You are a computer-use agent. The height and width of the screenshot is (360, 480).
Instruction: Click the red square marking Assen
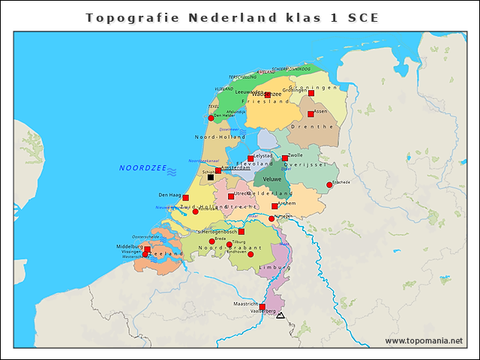click(310, 114)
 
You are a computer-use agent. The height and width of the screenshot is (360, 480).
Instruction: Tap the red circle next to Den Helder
click(211, 118)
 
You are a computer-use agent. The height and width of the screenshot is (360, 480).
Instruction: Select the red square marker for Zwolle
click(285, 158)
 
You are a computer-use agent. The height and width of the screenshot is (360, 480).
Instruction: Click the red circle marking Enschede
click(329, 185)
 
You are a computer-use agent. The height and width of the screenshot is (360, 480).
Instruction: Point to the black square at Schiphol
click(211, 178)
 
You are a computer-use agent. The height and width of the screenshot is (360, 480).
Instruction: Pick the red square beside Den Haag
click(185, 197)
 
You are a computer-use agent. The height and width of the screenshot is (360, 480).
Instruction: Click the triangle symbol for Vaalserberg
click(280, 316)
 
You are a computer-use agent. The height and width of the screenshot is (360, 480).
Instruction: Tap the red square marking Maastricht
click(262, 306)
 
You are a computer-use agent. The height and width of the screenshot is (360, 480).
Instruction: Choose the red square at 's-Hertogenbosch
click(241, 232)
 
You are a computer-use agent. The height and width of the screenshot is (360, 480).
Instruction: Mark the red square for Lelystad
click(250, 159)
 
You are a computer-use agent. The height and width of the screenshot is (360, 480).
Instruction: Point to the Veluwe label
click(272, 180)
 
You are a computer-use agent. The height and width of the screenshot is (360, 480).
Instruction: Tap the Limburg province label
click(274, 268)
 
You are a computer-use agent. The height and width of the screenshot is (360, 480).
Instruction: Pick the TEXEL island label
click(213, 106)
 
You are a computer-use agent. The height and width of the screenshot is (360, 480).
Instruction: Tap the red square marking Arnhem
click(274, 206)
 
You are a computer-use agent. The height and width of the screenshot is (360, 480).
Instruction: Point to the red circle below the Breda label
click(211, 241)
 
